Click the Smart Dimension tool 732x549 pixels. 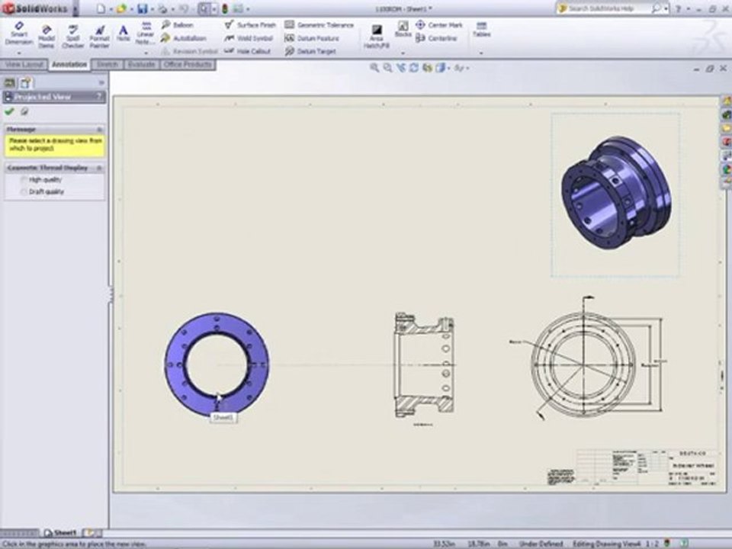tap(18, 33)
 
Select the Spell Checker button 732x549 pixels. tap(72, 35)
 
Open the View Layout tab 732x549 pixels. tap(24, 65)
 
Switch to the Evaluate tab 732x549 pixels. tap(142, 65)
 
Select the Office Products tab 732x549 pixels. tap(188, 65)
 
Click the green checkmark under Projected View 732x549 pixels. tap(9, 111)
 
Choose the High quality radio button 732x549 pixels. tap(24, 180)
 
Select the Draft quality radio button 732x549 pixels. tap(24, 192)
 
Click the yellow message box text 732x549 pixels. tap(53, 144)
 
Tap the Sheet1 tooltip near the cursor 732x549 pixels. tap(223, 418)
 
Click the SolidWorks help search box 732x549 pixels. tap(607, 8)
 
